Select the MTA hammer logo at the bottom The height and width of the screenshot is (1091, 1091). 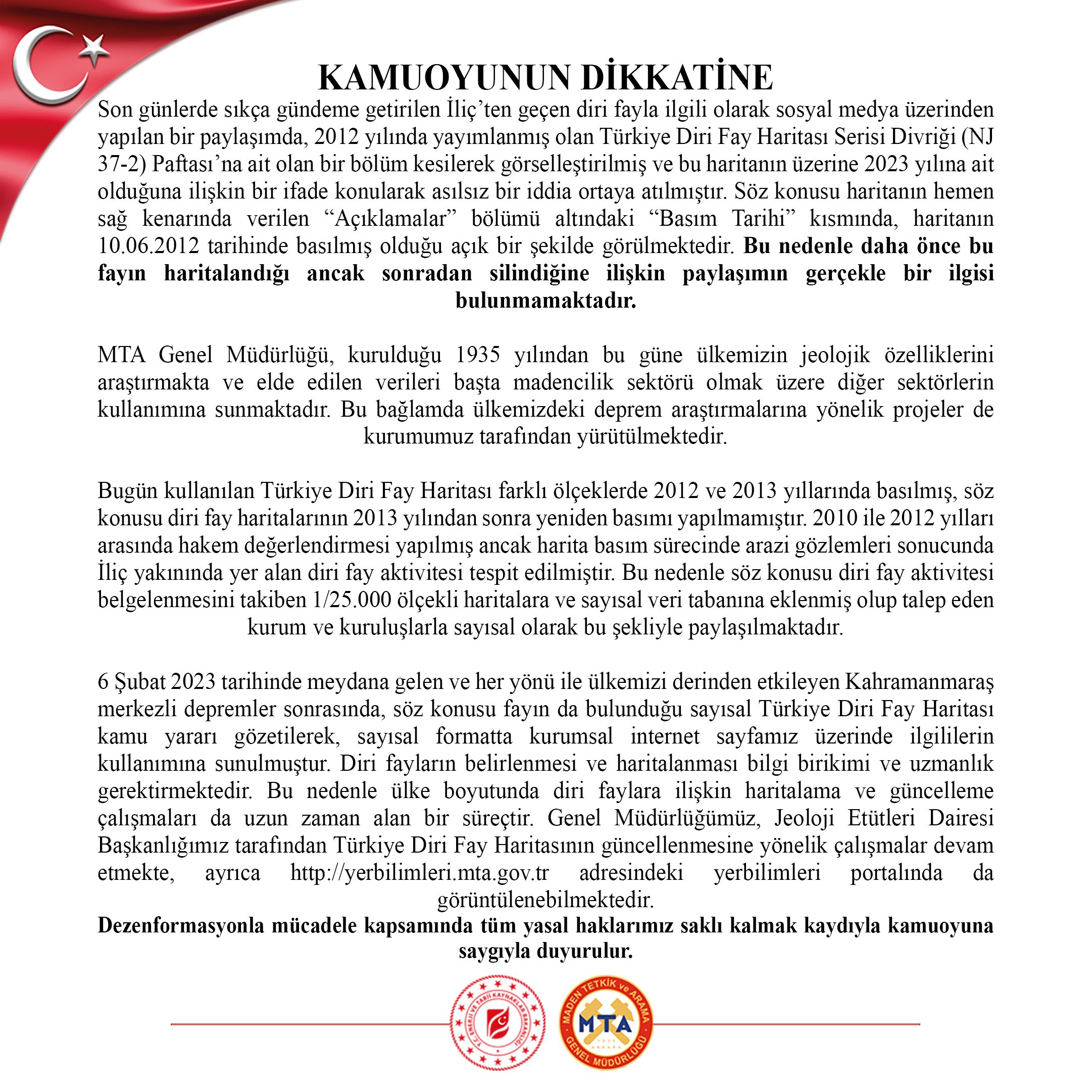point(606,1024)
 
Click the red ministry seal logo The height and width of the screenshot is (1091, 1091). point(498,1023)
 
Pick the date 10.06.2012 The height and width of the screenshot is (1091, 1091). point(148,246)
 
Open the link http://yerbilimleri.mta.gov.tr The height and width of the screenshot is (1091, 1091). point(420,873)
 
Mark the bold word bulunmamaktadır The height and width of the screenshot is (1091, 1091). point(545,301)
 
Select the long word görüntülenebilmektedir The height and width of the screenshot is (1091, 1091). point(545,900)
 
